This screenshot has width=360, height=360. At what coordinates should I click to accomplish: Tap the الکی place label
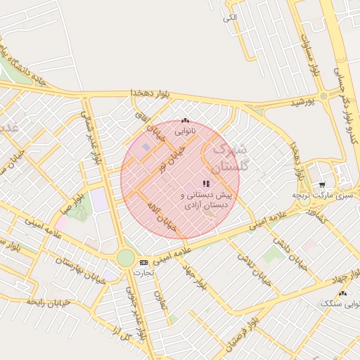coord(230,17)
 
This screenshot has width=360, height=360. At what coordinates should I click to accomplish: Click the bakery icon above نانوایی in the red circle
coord(185,120)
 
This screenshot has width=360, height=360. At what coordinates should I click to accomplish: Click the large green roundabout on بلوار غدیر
coord(126,258)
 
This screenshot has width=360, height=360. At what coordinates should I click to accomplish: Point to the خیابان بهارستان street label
coord(74,270)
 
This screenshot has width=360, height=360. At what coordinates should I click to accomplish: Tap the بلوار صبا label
coord(74,199)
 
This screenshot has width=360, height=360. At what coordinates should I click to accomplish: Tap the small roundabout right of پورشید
coord(323,96)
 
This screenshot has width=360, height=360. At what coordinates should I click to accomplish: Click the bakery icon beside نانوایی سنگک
coord(342,293)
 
